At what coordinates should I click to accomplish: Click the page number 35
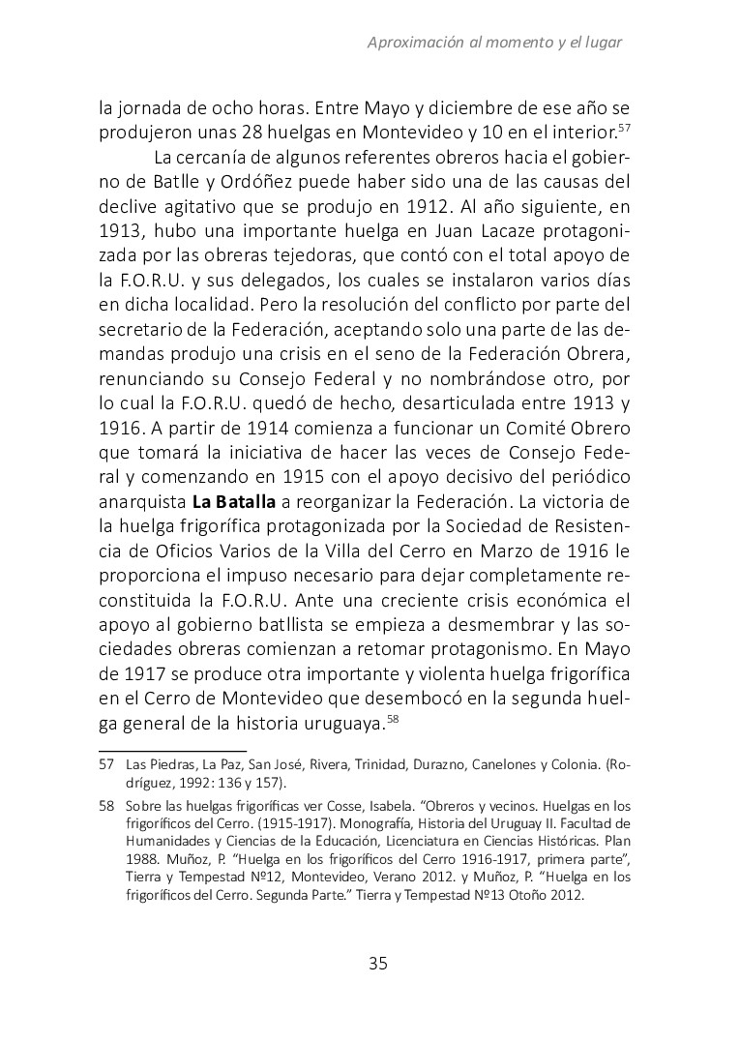(x=377, y=963)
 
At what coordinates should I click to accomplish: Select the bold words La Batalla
(x=233, y=502)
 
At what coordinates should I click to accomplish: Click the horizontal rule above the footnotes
(x=173, y=748)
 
